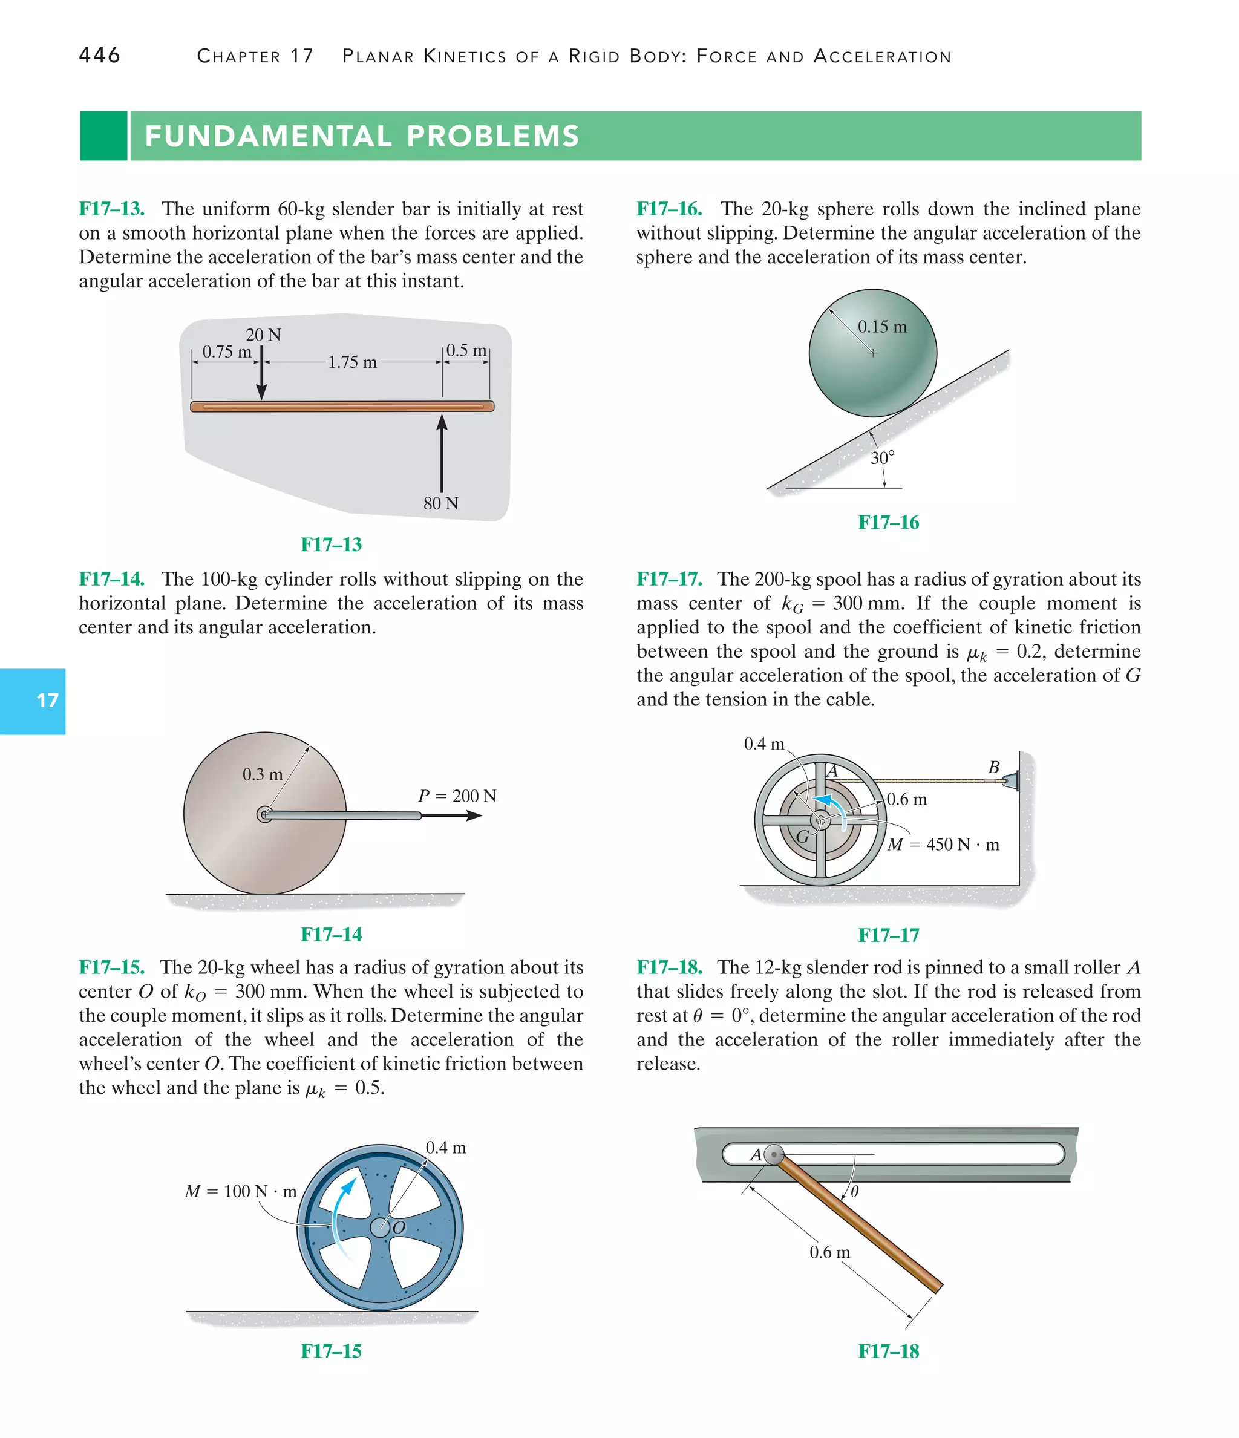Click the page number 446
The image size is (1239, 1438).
99,55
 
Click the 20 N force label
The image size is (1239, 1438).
263,335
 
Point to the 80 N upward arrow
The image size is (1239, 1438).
442,454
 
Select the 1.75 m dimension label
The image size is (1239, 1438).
352,362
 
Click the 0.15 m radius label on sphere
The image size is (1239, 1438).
881,326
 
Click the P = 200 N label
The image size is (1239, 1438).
457,796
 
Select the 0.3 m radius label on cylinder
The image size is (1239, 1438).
263,774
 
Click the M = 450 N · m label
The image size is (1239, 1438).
943,845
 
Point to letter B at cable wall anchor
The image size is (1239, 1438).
993,767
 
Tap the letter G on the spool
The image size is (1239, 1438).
802,836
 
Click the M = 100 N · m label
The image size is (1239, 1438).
240,1191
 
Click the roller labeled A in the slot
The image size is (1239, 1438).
773,1155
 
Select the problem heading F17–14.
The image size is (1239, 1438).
111,579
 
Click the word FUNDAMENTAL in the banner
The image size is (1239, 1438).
267,136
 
